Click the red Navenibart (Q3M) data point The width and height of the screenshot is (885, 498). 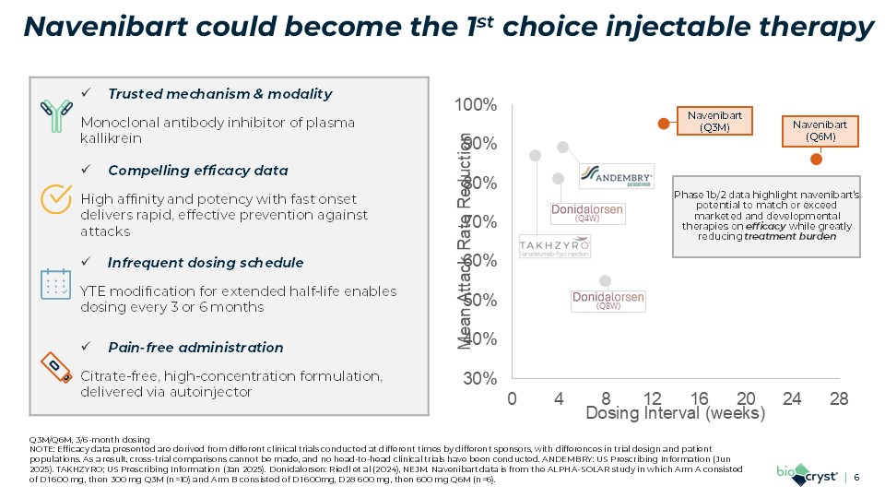(x=662, y=124)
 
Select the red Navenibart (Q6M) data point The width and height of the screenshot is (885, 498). (x=816, y=159)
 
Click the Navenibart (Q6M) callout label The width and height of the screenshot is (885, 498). (x=820, y=130)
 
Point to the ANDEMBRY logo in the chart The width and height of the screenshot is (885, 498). (x=618, y=175)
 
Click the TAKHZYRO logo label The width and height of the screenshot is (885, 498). (x=554, y=246)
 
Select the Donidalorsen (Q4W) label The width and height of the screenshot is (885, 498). (x=587, y=213)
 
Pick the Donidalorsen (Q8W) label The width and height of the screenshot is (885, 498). (x=608, y=301)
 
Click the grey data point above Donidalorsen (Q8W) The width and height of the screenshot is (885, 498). (x=605, y=280)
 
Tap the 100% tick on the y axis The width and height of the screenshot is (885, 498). (x=479, y=106)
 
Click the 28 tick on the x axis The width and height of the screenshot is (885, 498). (x=838, y=398)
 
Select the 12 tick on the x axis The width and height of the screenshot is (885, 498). (x=652, y=398)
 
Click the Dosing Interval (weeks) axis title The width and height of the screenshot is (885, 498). (x=676, y=414)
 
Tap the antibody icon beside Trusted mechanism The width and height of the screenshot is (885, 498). (x=56, y=113)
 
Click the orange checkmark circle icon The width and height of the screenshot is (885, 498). (x=57, y=196)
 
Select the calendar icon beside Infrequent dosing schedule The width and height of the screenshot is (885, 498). (x=56, y=283)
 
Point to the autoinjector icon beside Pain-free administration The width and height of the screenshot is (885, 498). (x=56, y=366)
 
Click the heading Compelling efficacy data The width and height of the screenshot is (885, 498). (x=197, y=171)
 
